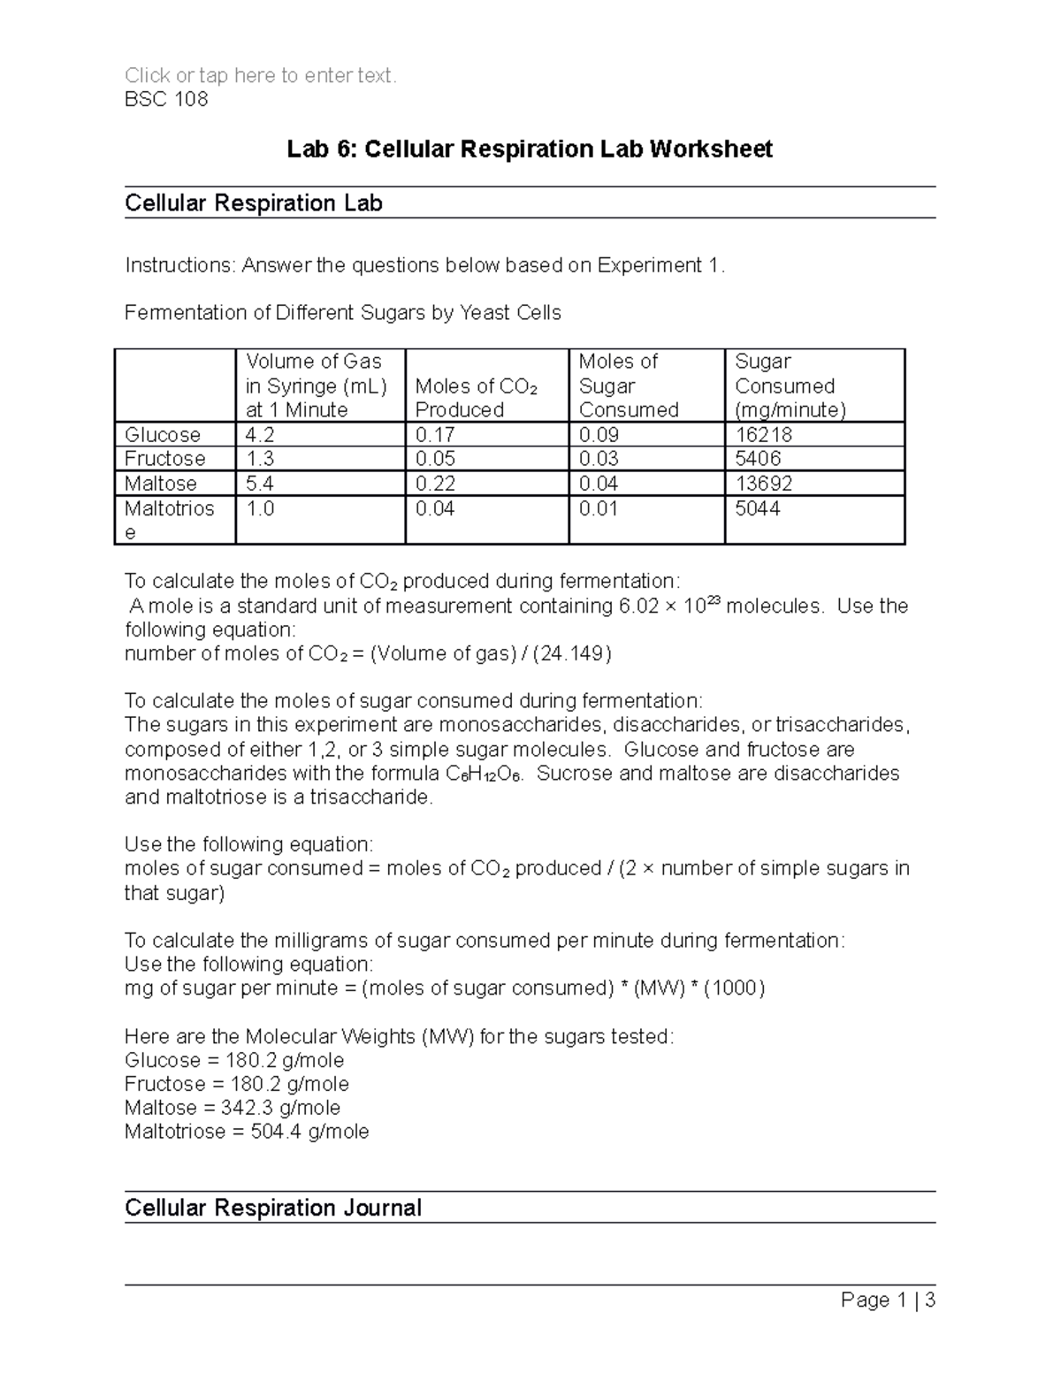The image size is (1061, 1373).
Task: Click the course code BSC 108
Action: tap(166, 99)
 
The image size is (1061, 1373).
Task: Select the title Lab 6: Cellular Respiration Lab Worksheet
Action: tap(530, 149)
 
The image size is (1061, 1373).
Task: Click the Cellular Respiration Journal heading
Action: tap(272, 1208)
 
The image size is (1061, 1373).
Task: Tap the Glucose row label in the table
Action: tap(163, 435)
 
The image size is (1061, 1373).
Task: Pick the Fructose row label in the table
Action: tap(165, 459)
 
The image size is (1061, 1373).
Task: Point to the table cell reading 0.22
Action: tap(435, 484)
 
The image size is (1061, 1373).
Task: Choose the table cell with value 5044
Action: tap(758, 508)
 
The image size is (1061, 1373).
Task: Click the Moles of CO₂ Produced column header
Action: tap(477, 398)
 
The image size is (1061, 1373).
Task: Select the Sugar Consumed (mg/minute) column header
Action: tap(790, 385)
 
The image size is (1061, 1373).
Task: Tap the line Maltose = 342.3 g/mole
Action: tap(233, 1108)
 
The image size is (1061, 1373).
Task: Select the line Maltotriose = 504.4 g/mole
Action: tap(247, 1132)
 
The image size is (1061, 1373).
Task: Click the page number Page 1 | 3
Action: tap(888, 1300)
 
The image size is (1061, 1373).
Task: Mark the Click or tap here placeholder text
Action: tap(261, 76)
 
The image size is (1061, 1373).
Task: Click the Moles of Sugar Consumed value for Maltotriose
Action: tap(599, 508)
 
